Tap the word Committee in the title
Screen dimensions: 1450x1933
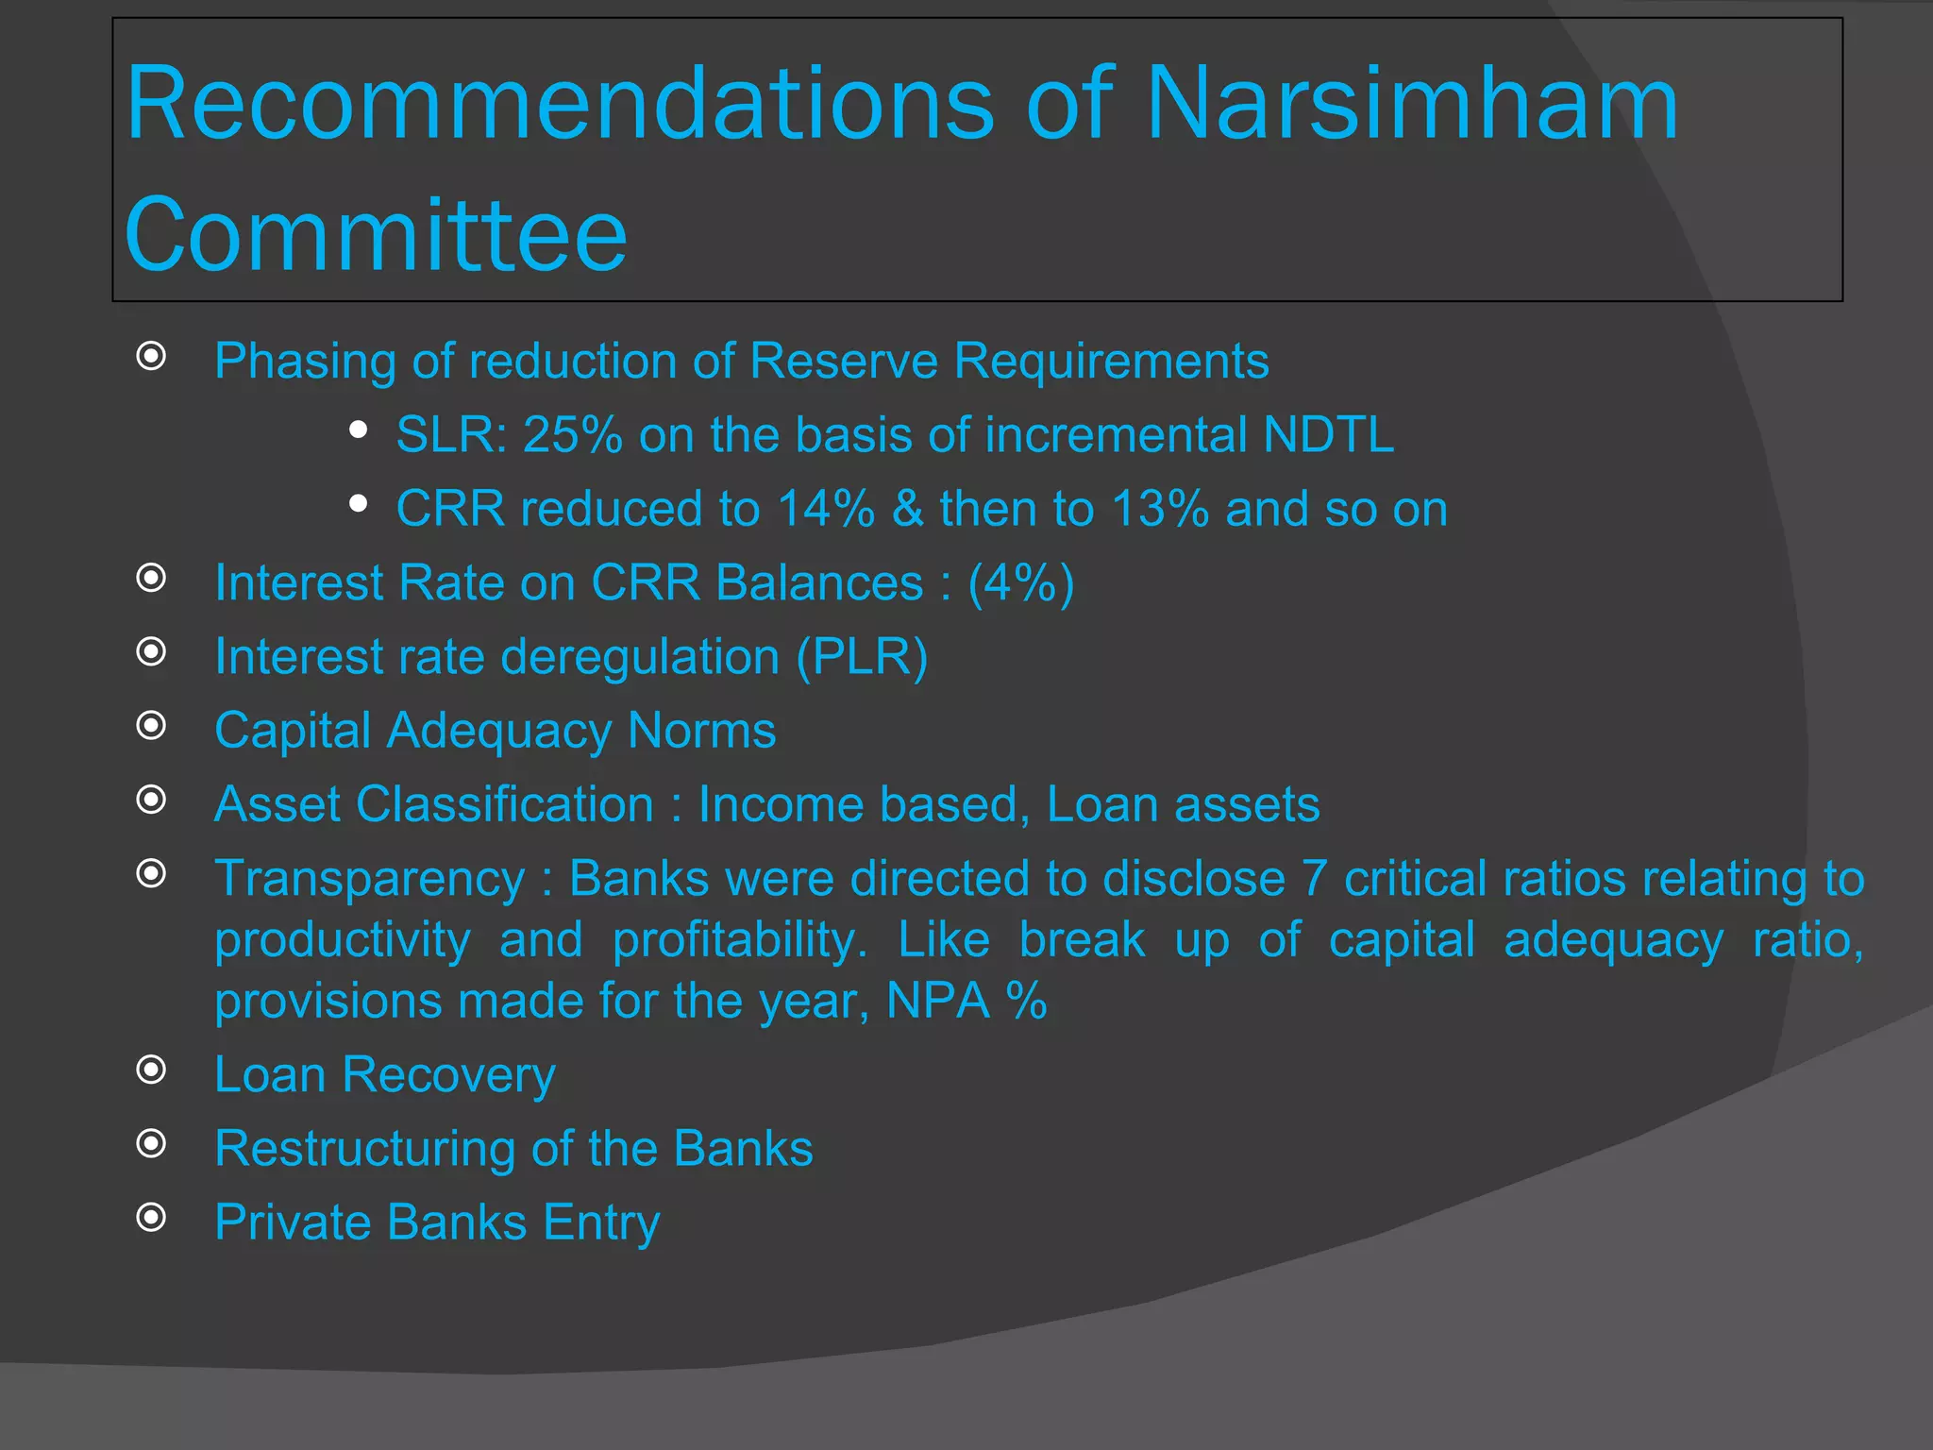(x=376, y=234)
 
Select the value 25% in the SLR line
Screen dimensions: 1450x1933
(x=572, y=435)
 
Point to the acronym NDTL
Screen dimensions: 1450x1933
(x=1328, y=435)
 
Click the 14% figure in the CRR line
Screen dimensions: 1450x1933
(x=826, y=509)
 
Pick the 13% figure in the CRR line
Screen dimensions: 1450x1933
(x=1160, y=509)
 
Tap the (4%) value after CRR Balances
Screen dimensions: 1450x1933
(x=1021, y=582)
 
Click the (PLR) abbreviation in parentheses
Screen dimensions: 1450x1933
(x=862, y=656)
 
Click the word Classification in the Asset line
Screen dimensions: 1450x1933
(x=505, y=804)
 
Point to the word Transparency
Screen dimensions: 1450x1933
(x=369, y=879)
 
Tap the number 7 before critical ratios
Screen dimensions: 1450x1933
(x=1315, y=879)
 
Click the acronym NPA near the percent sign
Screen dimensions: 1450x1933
(x=938, y=1001)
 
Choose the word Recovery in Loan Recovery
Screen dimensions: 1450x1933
(x=448, y=1074)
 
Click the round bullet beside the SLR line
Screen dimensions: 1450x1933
(x=358, y=430)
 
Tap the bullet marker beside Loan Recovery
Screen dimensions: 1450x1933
(x=151, y=1070)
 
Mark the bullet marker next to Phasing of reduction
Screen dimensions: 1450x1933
(x=151, y=356)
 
